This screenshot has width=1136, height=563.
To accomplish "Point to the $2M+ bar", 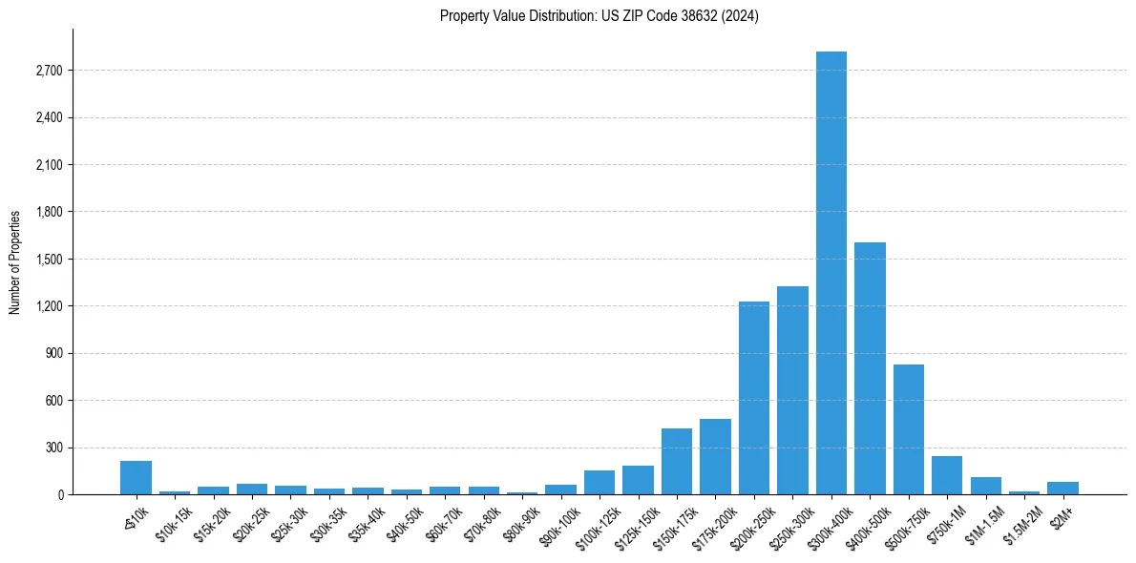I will point(1062,488).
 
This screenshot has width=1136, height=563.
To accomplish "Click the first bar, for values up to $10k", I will point(136,477).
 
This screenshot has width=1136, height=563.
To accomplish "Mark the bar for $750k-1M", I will point(947,475).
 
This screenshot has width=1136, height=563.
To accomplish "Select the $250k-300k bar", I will point(792,390).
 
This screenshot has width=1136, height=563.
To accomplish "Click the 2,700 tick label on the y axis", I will point(49,71).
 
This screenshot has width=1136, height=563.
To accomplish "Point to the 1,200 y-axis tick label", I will point(49,306).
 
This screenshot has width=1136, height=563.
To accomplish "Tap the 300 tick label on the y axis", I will point(53,448).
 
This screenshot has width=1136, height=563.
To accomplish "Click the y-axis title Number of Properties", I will point(15,262).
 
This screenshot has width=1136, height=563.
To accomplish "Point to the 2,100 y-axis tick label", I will point(49,165).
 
